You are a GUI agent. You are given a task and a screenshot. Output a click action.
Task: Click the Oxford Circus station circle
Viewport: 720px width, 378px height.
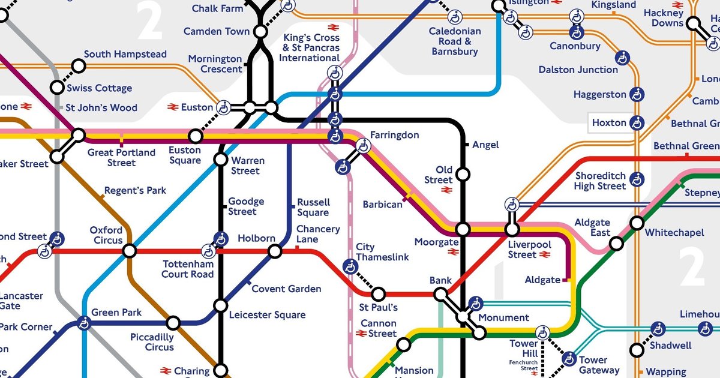[130, 251]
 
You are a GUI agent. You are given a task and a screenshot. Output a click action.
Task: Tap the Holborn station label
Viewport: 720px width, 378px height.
[256, 238]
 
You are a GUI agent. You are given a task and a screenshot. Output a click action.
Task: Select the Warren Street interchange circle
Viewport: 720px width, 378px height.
[221, 160]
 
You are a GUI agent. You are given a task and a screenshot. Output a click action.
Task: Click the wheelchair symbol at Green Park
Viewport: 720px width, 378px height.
[83, 324]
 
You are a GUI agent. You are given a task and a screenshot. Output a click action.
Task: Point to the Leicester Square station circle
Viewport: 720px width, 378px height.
[221, 306]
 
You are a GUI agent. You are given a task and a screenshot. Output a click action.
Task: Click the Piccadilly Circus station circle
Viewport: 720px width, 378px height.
[173, 323]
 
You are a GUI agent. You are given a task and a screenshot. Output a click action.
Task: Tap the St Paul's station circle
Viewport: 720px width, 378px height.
[379, 294]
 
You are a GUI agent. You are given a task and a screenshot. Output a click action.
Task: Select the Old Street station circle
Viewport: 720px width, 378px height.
[462, 175]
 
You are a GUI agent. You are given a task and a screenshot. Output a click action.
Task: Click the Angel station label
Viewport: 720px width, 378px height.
[485, 145]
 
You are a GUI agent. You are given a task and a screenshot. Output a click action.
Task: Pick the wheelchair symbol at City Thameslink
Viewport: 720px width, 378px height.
[350, 266]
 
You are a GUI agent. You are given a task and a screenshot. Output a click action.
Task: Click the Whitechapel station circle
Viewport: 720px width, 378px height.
[637, 223]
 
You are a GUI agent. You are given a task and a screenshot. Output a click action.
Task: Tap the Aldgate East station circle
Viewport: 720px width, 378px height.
[616, 244]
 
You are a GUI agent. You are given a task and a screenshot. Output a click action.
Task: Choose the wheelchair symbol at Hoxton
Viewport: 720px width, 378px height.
[637, 123]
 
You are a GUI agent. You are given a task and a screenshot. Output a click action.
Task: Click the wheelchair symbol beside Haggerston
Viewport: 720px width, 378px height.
[637, 95]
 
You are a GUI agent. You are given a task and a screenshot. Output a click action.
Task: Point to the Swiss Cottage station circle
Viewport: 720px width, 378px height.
[57, 88]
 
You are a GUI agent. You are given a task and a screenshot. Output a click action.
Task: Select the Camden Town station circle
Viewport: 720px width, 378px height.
[260, 31]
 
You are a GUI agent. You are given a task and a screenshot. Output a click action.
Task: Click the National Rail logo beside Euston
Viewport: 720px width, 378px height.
[173, 107]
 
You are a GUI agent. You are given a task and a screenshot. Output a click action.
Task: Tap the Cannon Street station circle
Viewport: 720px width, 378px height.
[404, 344]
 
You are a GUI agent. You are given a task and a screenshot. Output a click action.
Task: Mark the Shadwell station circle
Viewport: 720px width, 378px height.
[637, 349]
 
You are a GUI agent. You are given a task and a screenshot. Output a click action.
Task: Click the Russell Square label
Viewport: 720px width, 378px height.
[313, 207]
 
